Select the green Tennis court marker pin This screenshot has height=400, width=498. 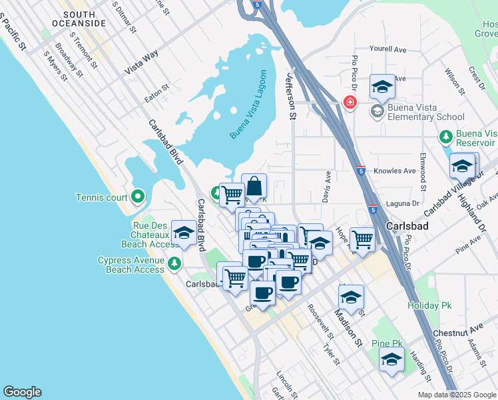(137, 197)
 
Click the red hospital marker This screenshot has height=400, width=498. (349, 102)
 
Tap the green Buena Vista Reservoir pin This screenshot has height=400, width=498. (446, 137)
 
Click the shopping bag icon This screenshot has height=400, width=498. (254, 187)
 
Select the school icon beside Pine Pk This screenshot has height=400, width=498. (391, 360)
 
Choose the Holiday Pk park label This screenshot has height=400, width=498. (429, 305)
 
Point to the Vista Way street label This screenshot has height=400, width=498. (141, 64)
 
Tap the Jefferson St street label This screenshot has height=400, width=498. (291, 96)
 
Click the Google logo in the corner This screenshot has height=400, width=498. (22, 392)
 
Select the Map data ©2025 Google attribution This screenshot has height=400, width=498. (456, 395)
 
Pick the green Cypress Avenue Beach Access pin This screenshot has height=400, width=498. (174, 262)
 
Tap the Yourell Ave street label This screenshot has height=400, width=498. (387, 49)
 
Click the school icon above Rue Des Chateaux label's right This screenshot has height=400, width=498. (184, 233)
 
